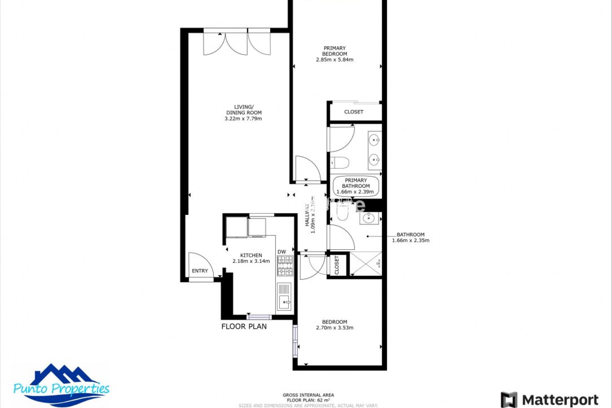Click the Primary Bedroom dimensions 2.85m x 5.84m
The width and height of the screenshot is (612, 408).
(334, 60)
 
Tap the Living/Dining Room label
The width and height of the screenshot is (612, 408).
(244, 110)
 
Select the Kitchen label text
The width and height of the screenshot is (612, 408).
(251, 255)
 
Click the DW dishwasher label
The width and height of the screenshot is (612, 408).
(281, 252)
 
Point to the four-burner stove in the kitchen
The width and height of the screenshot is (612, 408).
(285, 266)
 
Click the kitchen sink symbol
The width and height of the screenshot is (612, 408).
(284, 301)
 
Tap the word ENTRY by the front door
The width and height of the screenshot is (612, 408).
(200, 271)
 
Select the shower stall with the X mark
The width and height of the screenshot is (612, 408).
(366, 264)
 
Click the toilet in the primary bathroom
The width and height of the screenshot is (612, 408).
(340, 163)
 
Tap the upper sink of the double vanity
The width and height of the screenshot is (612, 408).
(374, 140)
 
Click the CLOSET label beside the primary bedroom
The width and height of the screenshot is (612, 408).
(353, 112)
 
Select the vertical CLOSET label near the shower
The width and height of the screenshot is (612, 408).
(337, 265)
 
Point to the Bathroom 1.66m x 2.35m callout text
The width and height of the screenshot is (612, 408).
(411, 237)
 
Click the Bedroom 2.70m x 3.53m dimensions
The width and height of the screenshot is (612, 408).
(334, 328)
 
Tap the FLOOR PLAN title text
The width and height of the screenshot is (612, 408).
(244, 326)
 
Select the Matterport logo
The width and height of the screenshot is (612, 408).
(550, 399)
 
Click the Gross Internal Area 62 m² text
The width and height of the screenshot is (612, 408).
(308, 397)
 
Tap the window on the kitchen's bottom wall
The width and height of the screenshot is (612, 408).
(259, 317)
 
